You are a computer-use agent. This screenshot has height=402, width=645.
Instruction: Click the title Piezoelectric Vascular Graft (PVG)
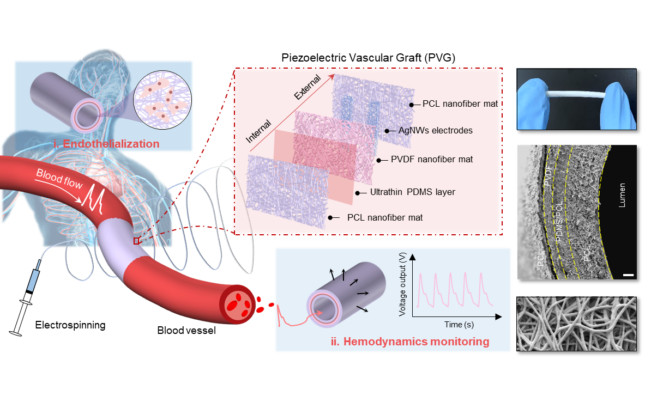pyautogui.click(x=368, y=57)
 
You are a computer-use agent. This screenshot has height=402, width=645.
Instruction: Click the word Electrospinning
pyautogui.click(x=70, y=326)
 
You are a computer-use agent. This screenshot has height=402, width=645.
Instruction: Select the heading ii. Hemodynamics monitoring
pyautogui.click(x=410, y=342)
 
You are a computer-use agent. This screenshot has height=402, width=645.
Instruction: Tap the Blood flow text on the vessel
pyautogui.click(x=59, y=180)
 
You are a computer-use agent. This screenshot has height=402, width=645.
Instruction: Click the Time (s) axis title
pyautogui.click(x=456, y=325)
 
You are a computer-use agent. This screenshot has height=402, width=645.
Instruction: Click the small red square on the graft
pyautogui.click(x=137, y=240)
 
